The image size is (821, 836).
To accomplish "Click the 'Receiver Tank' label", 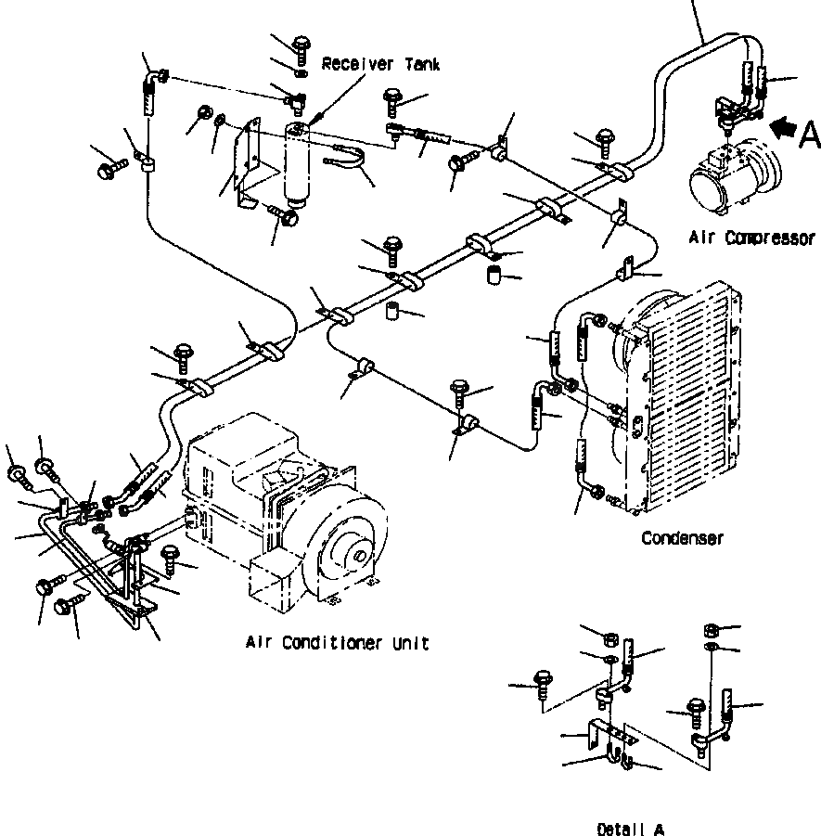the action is click(380, 65).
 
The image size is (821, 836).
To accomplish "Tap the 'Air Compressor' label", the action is click(752, 238).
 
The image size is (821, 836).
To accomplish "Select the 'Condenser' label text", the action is click(683, 538).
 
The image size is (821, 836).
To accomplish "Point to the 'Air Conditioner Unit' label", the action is click(338, 643).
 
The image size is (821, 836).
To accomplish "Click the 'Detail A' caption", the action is click(631, 830).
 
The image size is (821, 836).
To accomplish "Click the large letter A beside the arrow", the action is click(810, 135).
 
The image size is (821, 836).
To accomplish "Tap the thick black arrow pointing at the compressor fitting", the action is click(783, 129).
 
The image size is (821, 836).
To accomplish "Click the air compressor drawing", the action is click(735, 176).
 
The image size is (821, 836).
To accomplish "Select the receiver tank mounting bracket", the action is click(250, 162).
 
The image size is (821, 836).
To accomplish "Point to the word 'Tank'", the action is click(422, 65).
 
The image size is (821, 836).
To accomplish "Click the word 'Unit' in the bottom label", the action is click(411, 643).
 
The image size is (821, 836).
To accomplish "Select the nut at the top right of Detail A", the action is click(712, 631).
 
